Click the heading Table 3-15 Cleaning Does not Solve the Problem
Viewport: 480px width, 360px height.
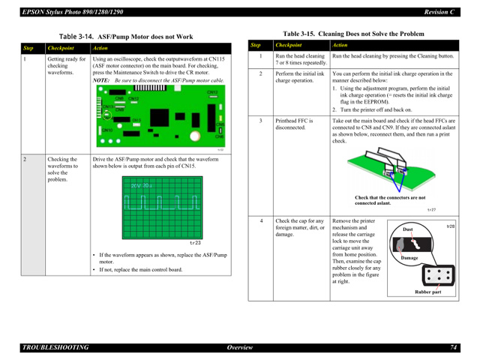353,34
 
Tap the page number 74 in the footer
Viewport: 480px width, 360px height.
454,347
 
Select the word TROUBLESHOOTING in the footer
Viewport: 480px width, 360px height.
55,347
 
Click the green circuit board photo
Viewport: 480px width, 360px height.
159,116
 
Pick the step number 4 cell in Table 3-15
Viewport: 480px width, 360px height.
260,221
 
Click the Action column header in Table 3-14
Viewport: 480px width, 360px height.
100,48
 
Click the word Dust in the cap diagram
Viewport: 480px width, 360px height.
408,229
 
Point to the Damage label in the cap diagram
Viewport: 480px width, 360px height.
409,257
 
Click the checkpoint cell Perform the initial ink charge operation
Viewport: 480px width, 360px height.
300,78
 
